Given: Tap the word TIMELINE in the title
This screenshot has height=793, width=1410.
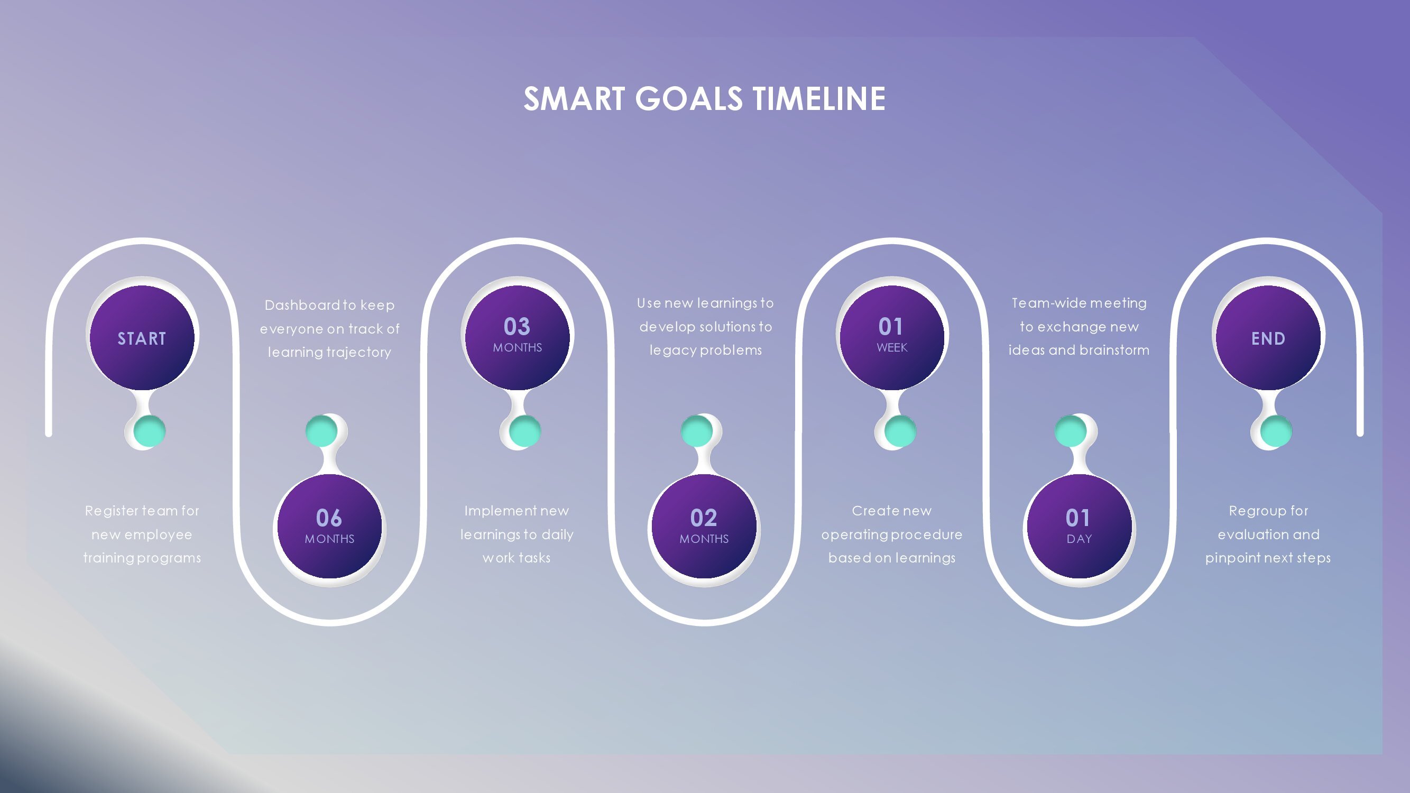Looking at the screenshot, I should point(819,99).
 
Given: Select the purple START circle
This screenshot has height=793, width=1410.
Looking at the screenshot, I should point(142,337).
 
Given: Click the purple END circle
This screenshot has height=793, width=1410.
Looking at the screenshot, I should point(1268,337).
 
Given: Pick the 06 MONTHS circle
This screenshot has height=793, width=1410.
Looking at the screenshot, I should point(329,526).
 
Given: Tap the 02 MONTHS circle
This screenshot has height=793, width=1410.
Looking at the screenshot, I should point(704,526).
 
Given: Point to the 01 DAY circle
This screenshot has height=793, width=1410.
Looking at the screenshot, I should point(1079,526).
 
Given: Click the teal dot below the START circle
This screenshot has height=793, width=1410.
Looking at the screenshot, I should point(150,431).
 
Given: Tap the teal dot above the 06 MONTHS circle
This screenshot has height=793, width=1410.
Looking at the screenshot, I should point(321,431).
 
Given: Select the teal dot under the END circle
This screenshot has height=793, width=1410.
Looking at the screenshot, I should point(1276,431).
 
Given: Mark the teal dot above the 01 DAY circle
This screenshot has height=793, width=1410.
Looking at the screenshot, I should point(1071,431).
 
